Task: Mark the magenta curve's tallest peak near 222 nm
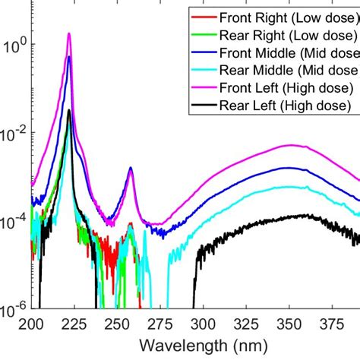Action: (x=69, y=33)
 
